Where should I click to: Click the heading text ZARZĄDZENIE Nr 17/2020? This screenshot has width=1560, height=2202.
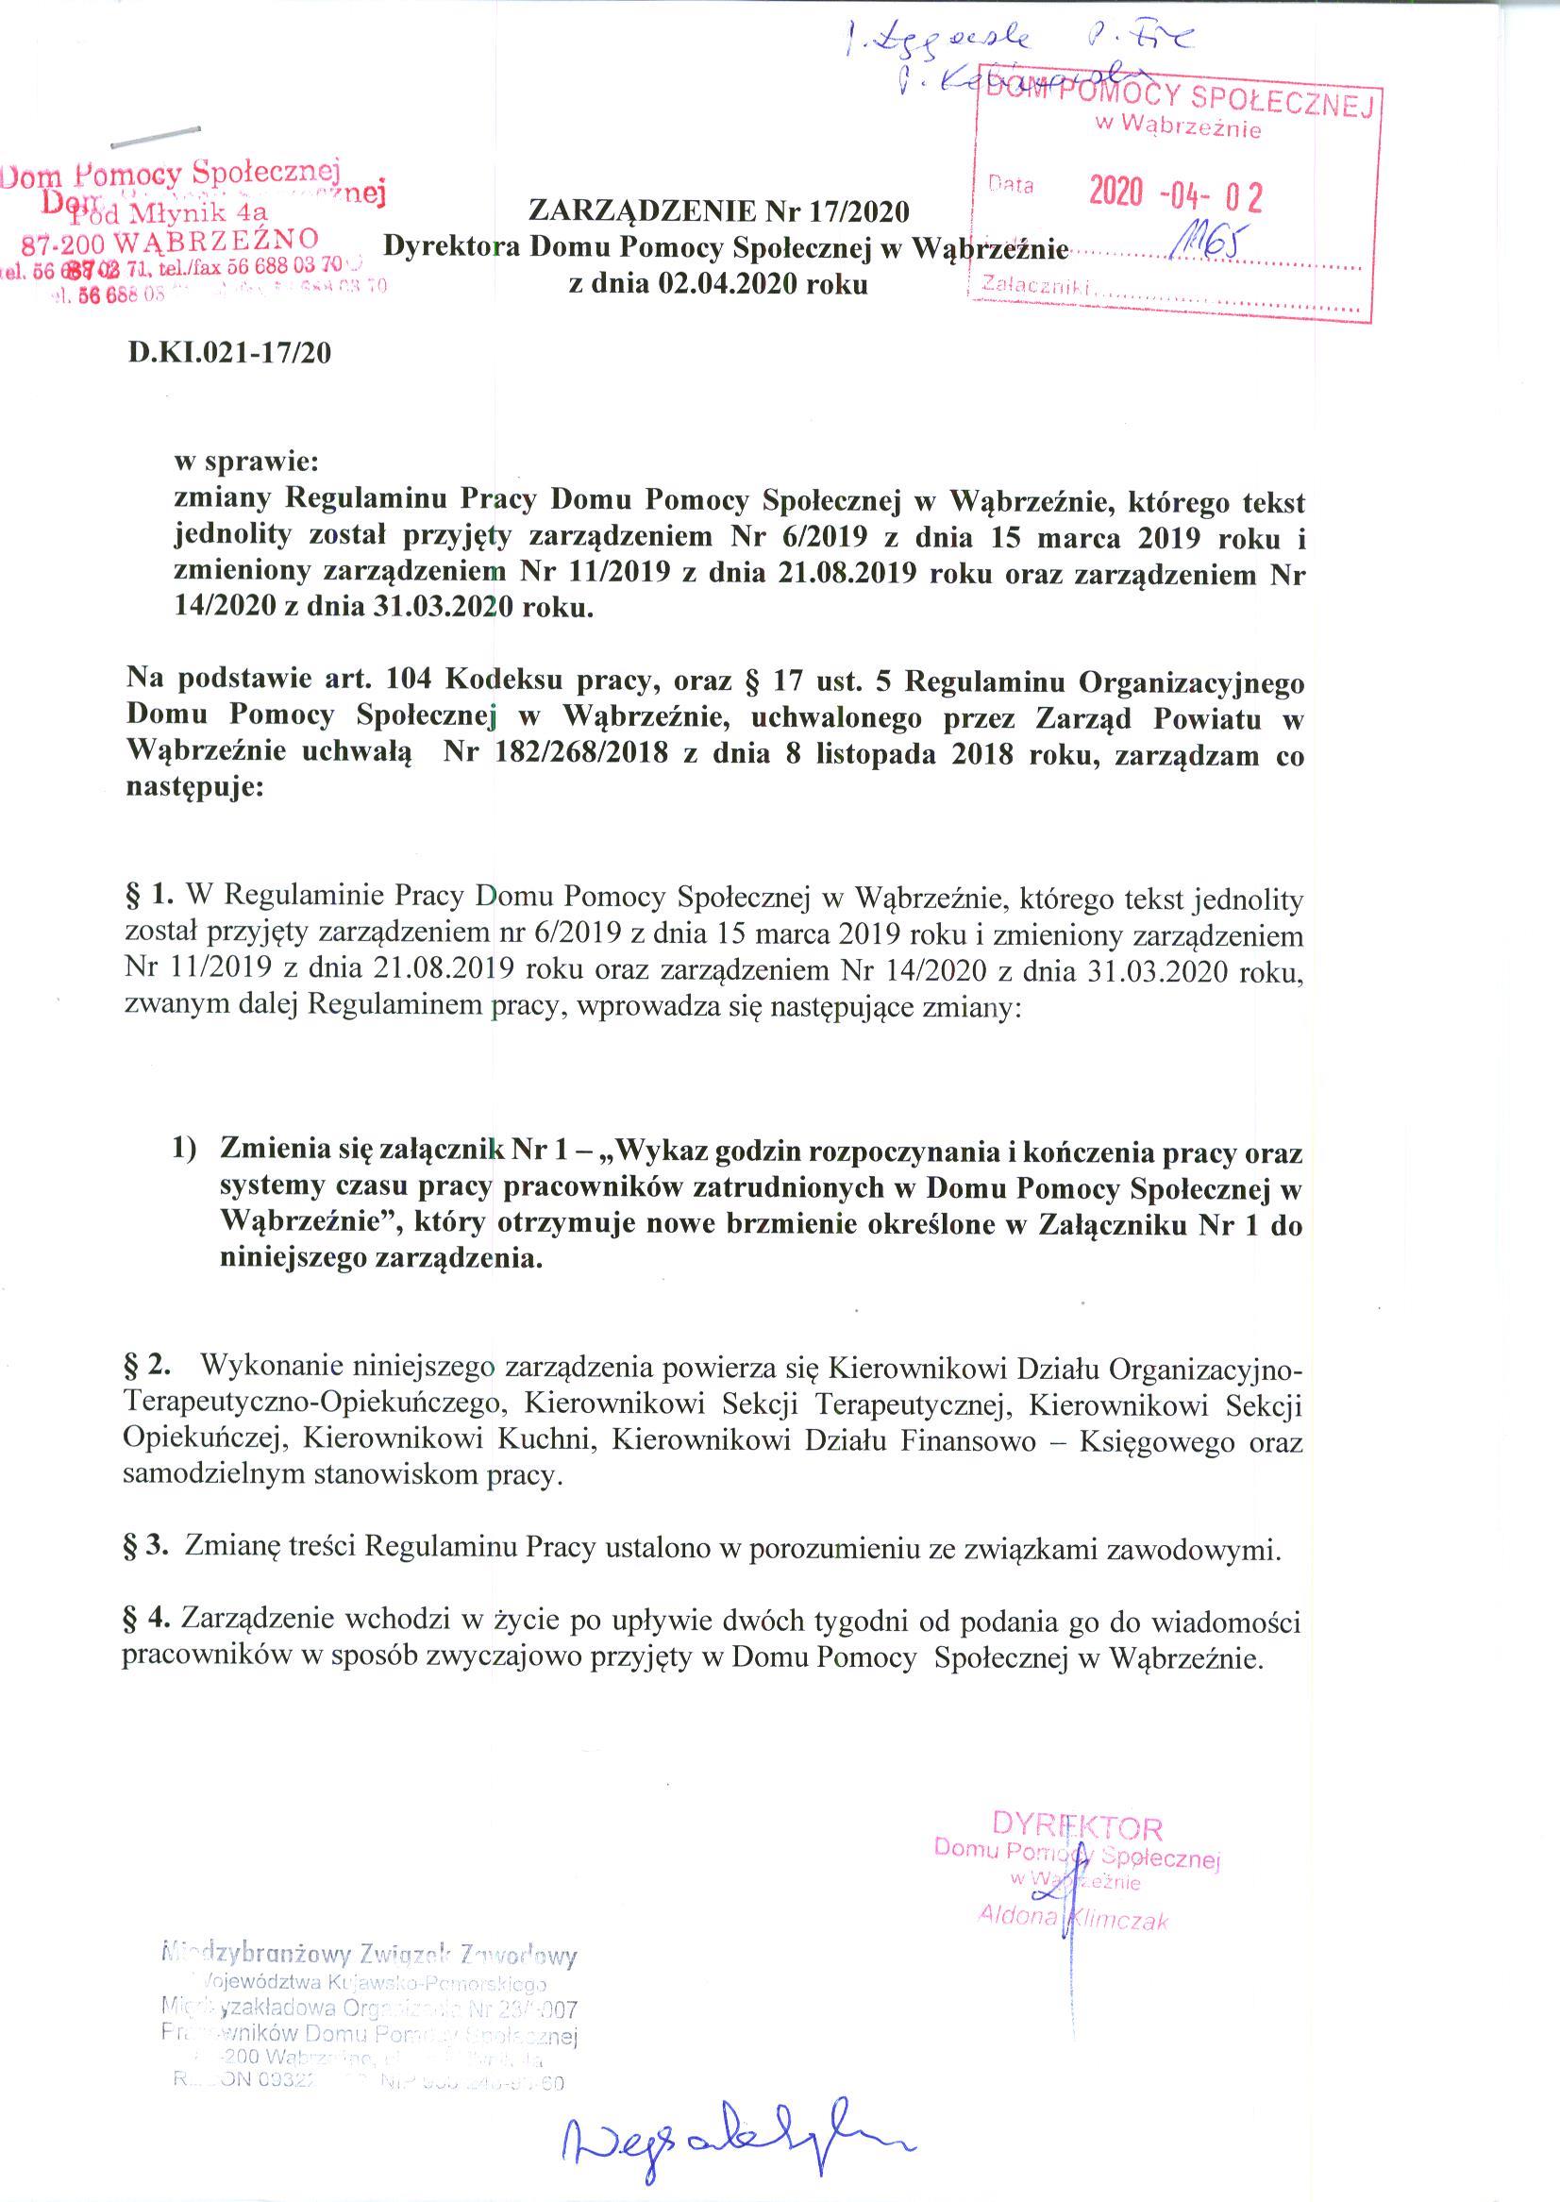pyautogui.click(x=718, y=210)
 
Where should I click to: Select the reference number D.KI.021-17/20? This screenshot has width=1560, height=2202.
pyautogui.click(x=229, y=353)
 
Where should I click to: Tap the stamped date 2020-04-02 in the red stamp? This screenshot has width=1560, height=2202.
pyautogui.click(x=1175, y=195)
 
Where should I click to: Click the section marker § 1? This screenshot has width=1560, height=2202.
pyautogui.click(x=149, y=898)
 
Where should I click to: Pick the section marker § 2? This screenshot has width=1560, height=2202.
pyautogui.click(x=148, y=1363)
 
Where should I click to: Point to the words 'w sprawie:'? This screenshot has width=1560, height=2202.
pyautogui.click(x=245, y=462)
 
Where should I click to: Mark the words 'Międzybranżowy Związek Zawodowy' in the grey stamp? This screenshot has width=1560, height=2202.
pyautogui.click(x=370, y=1954)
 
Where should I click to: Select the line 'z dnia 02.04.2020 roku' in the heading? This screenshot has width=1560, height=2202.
pyautogui.click(x=718, y=284)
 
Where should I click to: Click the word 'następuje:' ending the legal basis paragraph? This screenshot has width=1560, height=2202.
pyautogui.click(x=193, y=790)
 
